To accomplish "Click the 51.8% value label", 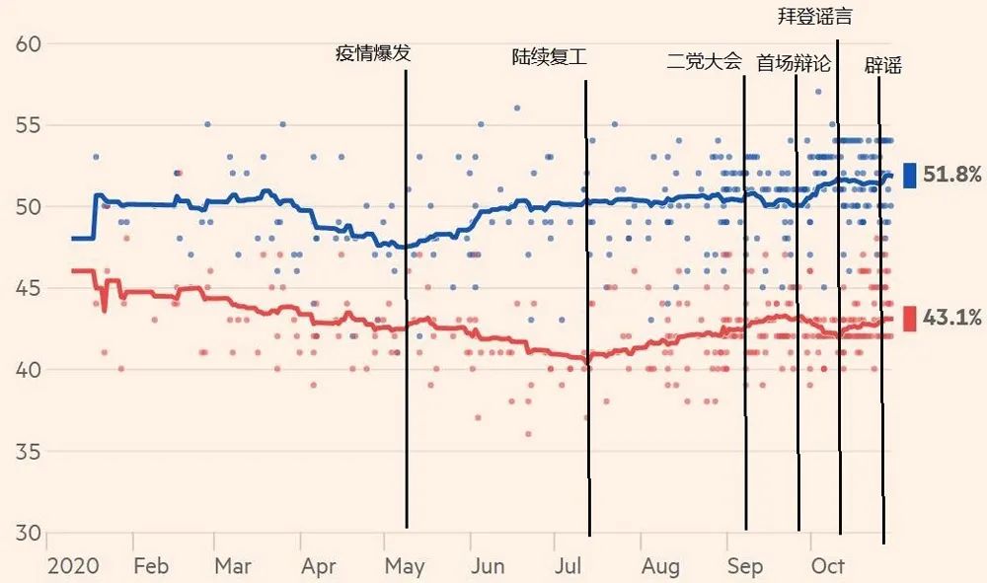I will click(952, 176).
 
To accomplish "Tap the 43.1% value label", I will click(952, 318).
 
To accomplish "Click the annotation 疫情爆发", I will click(373, 54).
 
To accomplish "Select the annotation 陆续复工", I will click(550, 57).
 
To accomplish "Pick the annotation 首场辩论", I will click(794, 63).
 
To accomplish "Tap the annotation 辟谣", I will click(882, 66).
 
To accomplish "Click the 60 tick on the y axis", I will click(28, 44).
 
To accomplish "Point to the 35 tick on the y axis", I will click(28, 452).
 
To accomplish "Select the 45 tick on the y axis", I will click(28, 289).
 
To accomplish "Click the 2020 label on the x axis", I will click(73, 566).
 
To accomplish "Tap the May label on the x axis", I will click(405, 566).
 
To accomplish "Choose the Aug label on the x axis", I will click(660, 566).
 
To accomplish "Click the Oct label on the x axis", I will click(827, 566).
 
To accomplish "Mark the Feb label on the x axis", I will click(150, 566).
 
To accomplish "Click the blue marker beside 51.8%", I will click(909, 176).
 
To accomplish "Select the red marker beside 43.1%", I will click(909, 318).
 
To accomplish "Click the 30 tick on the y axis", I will click(28, 534).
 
